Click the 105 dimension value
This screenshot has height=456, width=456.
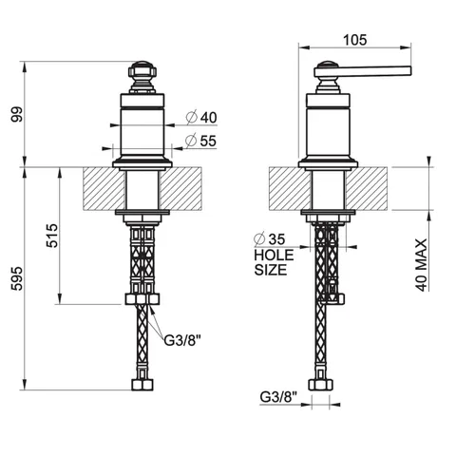pyautogui.click(x=355, y=40)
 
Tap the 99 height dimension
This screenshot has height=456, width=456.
pyautogui.click(x=17, y=115)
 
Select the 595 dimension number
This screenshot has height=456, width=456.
pyautogui.click(x=17, y=278)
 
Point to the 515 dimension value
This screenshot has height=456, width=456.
pyautogui.click(x=52, y=236)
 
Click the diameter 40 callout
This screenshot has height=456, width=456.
pyautogui.click(x=201, y=118)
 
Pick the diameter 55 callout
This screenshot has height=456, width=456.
pyautogui.click(x=200, y=141)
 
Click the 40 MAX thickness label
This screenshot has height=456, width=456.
pyautogui.click(x=422, y=265)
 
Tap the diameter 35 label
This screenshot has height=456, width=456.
pyautogui.click(x=270, y=239)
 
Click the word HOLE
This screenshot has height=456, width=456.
pyautogui.click(x=274, y=256)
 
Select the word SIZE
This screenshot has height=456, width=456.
pyautogui.click(x=271, y=270)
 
